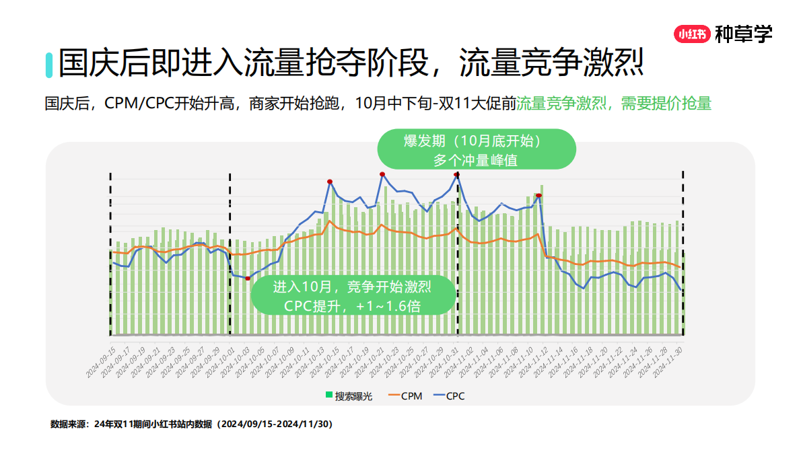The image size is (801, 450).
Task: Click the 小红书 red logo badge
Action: (x=692, y=34)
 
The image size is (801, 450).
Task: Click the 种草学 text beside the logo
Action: (x=743, y=34)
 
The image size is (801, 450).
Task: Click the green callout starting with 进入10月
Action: (x=352, y=295)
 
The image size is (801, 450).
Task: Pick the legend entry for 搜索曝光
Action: (x=349, y=396)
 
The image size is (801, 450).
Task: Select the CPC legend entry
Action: (x=449, y=396)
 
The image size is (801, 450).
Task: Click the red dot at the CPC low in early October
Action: (x=248, y=278)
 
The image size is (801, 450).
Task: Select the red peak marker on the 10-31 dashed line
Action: (x=457, y=175)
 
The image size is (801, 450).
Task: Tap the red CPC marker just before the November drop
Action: (x=538, y=196)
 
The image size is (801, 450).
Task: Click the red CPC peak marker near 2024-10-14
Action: (x=330, y=182)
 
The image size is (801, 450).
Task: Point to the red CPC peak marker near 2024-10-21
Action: (x=382, y=174)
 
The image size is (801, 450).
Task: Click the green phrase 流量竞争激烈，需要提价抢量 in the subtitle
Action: (x=614, y=104)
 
